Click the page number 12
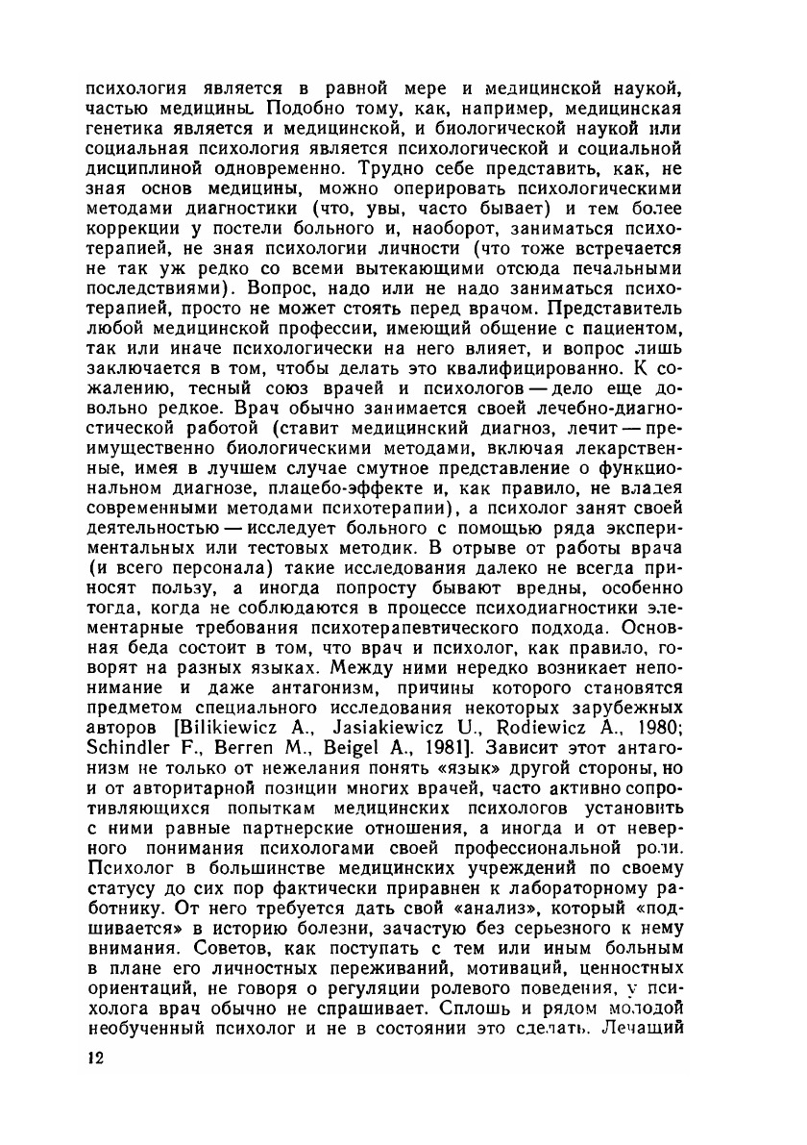94,1058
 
